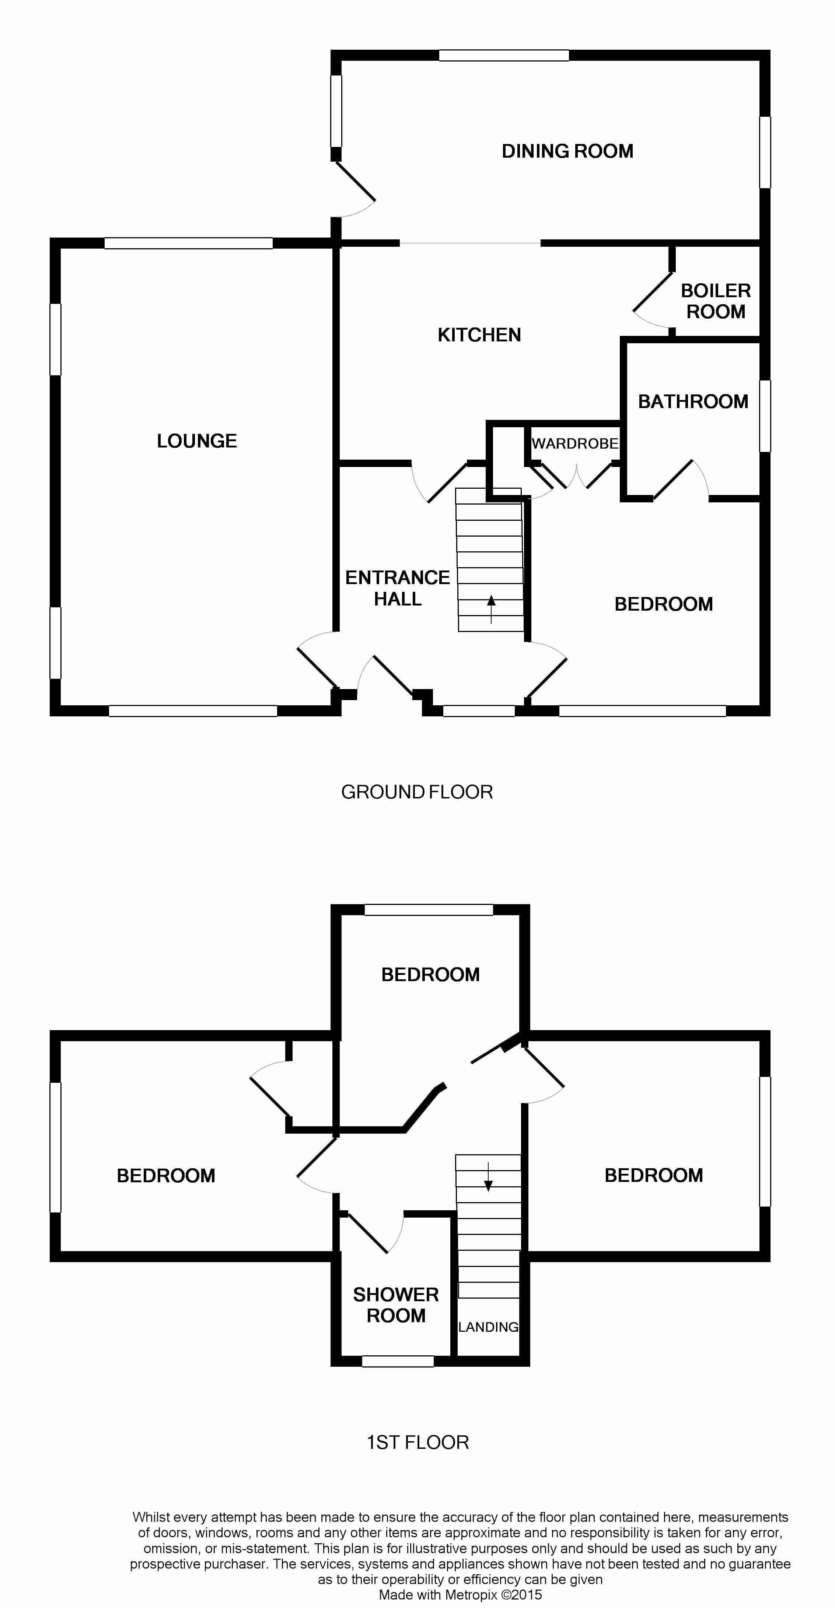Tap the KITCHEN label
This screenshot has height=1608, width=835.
[x=479, y=335]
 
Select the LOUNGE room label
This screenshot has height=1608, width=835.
[x=197, y=441]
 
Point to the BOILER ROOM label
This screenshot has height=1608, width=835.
[x=716, y=301]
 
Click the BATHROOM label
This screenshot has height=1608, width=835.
[x=693, y=401]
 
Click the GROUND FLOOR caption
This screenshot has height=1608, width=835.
[x=417, y=792]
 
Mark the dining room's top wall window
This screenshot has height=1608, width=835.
[x=504, y=56]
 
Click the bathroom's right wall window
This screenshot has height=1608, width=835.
[x=765, y=416]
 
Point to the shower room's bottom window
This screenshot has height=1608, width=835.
[x=398, y=1362]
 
